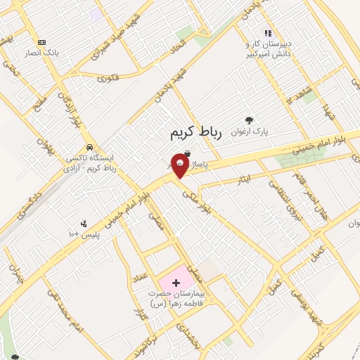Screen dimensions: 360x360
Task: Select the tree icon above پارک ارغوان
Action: [247, 120]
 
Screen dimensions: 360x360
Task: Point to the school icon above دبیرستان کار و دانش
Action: [267, 33]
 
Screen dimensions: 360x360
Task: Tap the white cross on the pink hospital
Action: [176, 281]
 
